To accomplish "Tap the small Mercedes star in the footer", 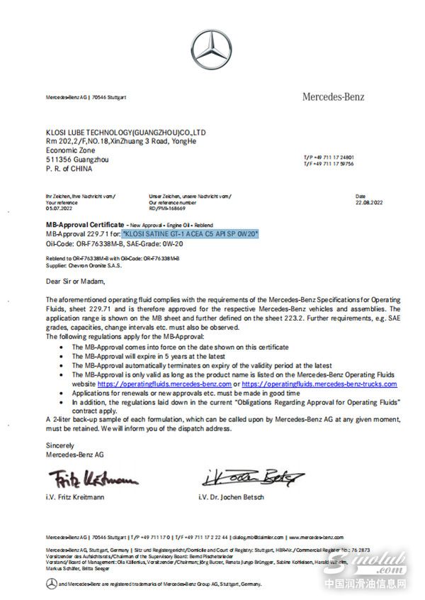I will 51,582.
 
